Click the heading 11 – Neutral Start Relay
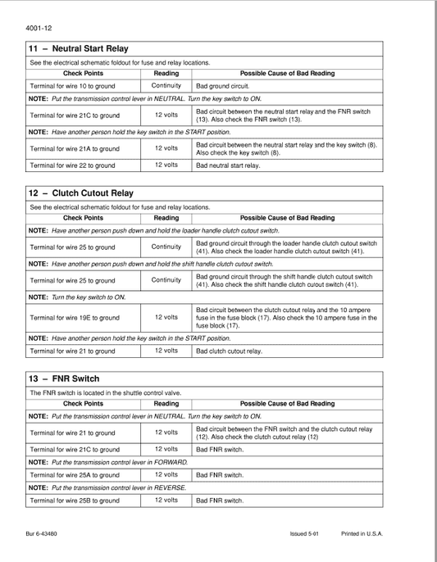point(79,49)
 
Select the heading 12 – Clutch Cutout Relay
point(81,193)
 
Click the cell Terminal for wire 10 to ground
point(71,86)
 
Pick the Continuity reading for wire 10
point(166,86)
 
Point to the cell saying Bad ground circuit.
point(222,86)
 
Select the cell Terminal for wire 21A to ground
point(75,149)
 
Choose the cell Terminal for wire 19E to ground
point(75,317)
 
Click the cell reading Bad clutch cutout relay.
point(230,351)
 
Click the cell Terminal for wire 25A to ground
point(75,475)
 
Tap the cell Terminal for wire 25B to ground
point(75,500)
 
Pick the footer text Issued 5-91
point(303,533)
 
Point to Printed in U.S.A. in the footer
point(362,533)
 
